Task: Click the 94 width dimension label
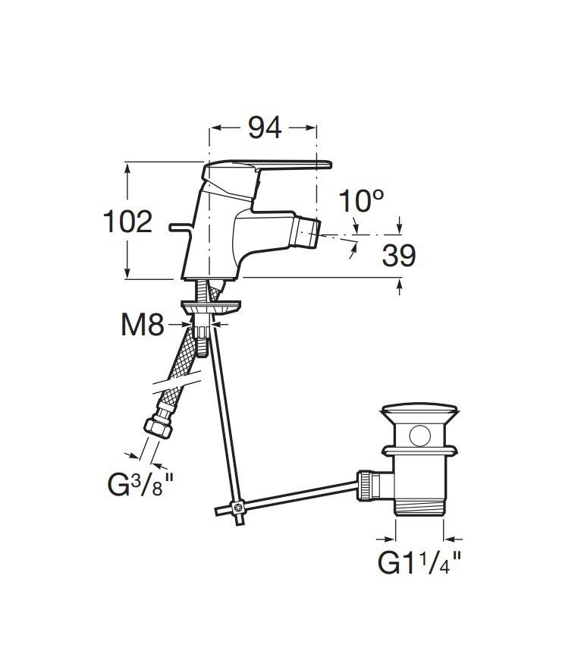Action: [265, 128]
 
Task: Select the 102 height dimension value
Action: [128, 222]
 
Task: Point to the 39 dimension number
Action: [399, 256]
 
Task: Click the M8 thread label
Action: [143, 325]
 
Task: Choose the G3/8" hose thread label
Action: [140, 484]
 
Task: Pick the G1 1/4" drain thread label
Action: [419, 562]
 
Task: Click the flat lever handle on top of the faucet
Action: [290, 165]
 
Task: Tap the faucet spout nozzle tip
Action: [306, 233]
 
